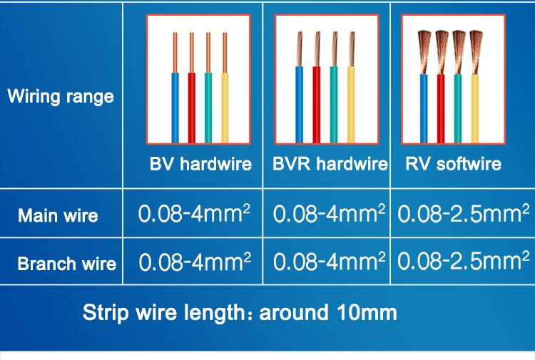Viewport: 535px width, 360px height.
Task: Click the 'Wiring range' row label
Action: click(x=61, y=96)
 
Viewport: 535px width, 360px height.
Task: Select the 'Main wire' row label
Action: click(x=58, y=215)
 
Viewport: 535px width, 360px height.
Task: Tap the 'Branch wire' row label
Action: click(x=66, y=264)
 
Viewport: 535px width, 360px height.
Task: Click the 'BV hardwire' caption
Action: click(x=200, y=164)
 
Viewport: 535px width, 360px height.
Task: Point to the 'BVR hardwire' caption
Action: click(x=330, y=164)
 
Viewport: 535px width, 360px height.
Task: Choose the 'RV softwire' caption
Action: click(x=453, y=164)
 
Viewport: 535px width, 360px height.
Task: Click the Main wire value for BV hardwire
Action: click(x=194, y=214)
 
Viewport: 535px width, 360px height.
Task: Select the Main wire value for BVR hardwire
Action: click(x=329, y=214)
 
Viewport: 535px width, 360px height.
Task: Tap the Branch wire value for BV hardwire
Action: click(x=194, y=262)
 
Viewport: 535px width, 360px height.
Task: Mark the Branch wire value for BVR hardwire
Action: click(x=329, y=262)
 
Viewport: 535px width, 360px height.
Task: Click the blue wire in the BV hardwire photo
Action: click(x=175, y=107)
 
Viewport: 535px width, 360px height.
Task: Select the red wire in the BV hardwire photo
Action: click(x=192, y=107)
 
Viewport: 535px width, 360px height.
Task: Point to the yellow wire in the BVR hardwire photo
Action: click(x=351, y=107)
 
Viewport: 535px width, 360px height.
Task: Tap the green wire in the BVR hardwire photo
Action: click(x=334, y=107)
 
